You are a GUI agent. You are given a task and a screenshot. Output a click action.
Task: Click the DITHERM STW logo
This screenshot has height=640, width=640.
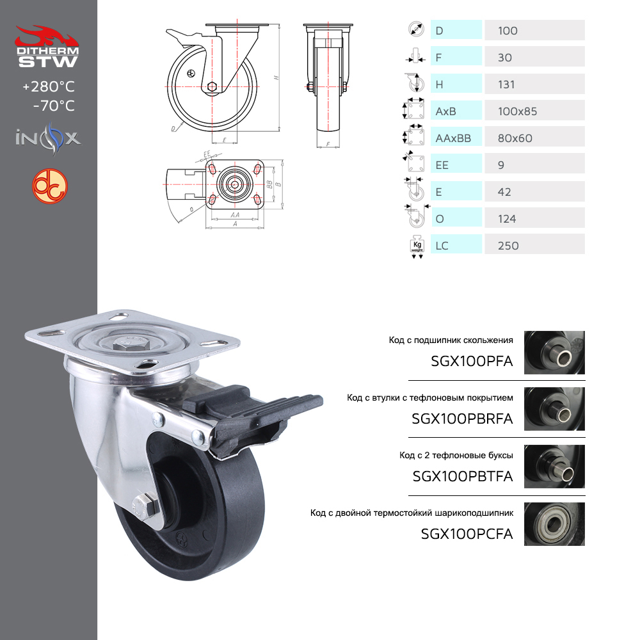(47, 47)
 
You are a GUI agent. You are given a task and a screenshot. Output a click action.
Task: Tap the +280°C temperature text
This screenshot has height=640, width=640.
(49, 86)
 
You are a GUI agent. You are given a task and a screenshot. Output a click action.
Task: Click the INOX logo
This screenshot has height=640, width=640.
(48, 138)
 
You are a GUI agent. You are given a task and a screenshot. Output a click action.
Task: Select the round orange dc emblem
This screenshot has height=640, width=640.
(50, 186)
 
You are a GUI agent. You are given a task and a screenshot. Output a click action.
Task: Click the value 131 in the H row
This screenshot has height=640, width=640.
(506, 84)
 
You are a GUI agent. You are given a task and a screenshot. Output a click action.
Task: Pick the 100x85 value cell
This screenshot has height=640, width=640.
(534, 111)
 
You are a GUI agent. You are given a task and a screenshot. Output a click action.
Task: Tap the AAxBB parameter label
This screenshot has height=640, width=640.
(453, 138)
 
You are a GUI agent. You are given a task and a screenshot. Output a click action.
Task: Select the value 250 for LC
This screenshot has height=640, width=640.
(508, 246)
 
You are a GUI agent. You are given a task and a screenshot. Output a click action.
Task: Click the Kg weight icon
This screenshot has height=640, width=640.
(417, 246)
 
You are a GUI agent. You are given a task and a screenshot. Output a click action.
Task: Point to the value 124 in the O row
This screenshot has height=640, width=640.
(507, 219)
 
